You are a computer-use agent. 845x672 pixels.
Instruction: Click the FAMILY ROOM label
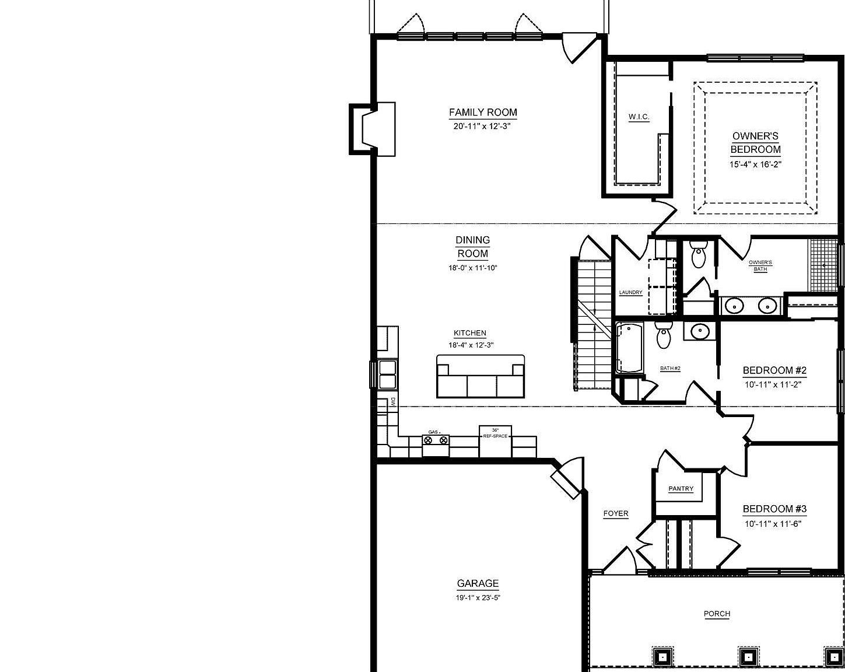point(483,113)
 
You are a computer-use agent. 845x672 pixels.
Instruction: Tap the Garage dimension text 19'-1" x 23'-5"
point(478,597)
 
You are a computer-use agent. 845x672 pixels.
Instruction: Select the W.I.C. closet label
point(639,117)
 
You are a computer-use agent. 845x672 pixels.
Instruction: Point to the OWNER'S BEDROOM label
point(755,142)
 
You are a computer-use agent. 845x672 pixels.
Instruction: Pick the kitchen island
point(481,376)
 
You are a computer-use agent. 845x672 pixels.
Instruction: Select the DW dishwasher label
point(393,401)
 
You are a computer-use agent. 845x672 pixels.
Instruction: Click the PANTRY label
point(681,489)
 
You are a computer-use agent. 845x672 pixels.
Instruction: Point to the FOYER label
point(616,514)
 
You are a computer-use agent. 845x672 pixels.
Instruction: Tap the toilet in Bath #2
point(664,336)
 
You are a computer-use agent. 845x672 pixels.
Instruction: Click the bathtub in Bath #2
point(628,348)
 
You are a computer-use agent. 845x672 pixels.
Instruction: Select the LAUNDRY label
point(630,292)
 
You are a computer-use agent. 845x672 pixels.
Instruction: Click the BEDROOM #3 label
point(774,509)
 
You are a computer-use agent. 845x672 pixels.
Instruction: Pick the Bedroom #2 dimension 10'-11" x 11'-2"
point(773,384)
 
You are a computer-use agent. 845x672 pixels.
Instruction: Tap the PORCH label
point(717,614)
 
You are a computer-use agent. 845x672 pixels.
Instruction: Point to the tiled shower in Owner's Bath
point(823,265)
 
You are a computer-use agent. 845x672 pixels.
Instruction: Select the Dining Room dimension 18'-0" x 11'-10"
point(472,268)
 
